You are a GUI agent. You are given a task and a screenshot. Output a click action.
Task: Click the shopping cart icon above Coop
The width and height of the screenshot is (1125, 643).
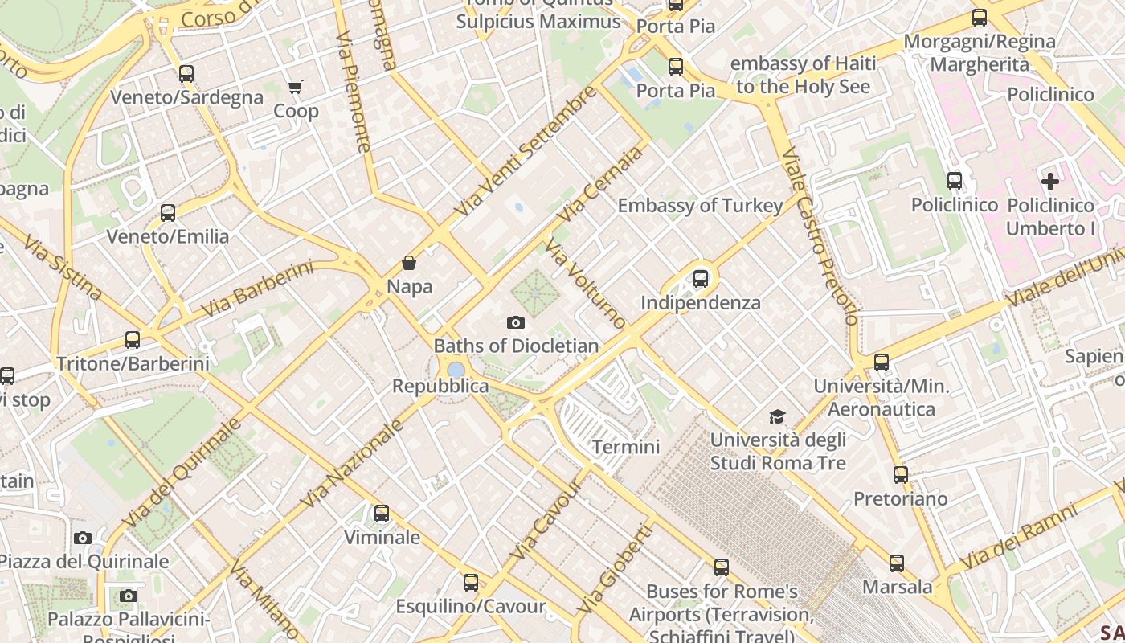coord(296,87)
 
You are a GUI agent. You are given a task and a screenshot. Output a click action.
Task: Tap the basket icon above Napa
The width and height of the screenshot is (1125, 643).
coord(409,263)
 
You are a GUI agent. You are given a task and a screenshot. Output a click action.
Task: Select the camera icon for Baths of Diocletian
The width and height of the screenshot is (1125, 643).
coord(516,322)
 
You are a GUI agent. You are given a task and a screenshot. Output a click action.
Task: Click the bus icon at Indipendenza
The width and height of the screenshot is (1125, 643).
coord(701,279)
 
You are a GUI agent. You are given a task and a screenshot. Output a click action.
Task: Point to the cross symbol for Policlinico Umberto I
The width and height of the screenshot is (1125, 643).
coord(1050,181)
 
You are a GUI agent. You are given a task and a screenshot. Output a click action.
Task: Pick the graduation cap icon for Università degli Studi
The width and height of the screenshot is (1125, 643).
coord(777,416)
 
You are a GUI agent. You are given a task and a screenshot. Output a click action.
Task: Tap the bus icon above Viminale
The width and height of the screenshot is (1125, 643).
coord(382,513)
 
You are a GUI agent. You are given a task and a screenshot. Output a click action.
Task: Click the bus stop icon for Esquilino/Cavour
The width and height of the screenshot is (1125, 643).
coord(471,583)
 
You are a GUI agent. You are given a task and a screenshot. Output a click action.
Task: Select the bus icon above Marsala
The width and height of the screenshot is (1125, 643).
coord(897,563)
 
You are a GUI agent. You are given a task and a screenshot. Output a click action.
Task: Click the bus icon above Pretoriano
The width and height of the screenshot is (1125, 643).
coord(901,475)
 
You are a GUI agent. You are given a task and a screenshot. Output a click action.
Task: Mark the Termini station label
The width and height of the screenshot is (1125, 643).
coord(626,447)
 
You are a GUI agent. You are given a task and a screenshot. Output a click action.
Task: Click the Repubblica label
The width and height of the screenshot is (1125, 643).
coord(440,386)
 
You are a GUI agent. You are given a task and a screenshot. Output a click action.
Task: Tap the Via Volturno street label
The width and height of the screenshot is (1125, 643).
coord(585,284)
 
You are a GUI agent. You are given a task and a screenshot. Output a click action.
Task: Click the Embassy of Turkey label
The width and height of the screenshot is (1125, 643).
coord(700,206)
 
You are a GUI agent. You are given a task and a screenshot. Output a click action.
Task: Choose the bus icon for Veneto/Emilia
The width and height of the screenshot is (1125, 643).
coord(168,213)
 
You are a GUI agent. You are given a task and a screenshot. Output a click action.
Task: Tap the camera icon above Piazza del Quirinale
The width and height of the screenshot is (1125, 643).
coord(83,538)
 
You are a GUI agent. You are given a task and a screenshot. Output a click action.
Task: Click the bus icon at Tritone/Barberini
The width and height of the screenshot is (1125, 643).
coord(133,340)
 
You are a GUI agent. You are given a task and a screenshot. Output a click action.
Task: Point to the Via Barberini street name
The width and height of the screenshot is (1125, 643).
coord(256,289)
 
